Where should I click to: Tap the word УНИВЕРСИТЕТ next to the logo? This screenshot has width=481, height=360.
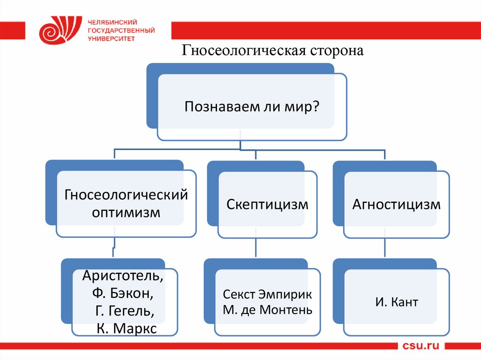point(111,38)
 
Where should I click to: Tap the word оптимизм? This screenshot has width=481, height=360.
point(126,213)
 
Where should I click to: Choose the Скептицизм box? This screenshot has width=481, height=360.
point(267,205)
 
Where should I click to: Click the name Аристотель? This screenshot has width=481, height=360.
point(123,276)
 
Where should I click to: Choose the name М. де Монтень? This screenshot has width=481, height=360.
point(267,310)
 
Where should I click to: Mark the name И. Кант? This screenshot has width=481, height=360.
point(396,302)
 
